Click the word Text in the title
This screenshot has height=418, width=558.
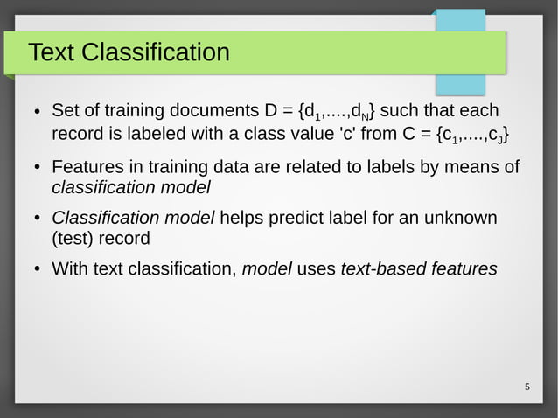[x=52, y=53]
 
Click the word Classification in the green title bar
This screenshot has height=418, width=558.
[x=156, y=53]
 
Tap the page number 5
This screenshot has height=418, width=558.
[x=527, y=387]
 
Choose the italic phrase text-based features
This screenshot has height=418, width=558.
[x=418, y=269]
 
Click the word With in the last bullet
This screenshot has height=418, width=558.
[x=70, y=269]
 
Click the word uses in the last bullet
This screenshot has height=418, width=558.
[x=316, y=269]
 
